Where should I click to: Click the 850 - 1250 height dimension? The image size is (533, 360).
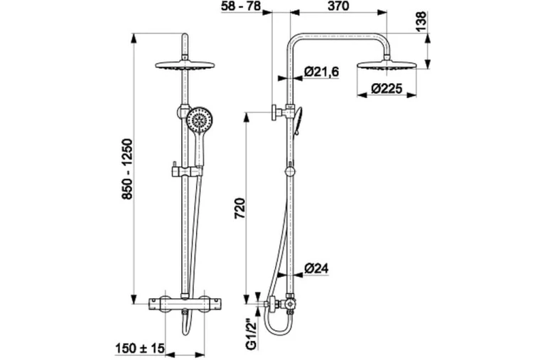(x=127, y=169)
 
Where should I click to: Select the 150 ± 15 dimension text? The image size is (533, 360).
(x=140, y=348)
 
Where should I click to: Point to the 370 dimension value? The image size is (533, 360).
(x=338, y=6)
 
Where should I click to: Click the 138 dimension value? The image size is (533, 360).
(x=421, y=22)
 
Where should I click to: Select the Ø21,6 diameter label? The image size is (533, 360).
(x=321, y=72)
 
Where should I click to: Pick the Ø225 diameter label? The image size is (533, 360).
(x=387, y=89)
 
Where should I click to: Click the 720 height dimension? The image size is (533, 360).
(x=239, y=208)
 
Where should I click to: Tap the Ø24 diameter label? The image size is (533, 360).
(x=316, y=268)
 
